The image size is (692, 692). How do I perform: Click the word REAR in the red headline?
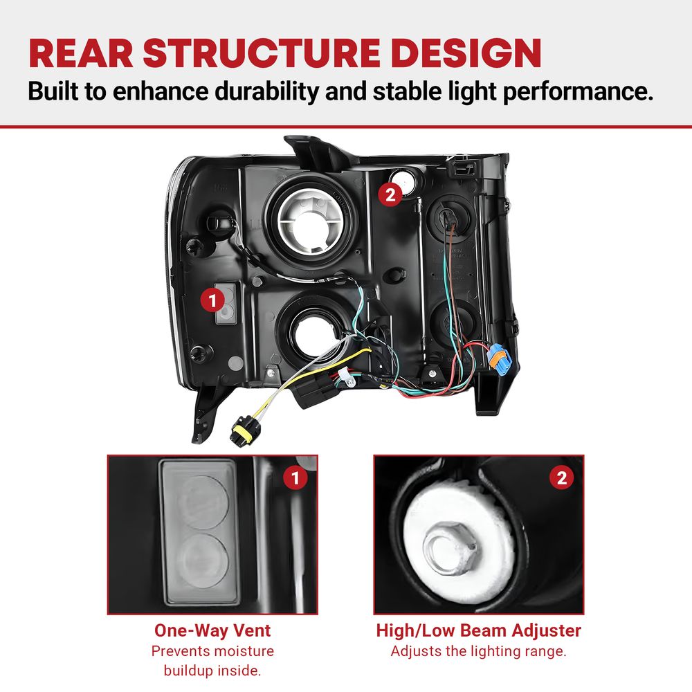(81, 53)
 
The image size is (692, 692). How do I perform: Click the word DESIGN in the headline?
(466, 53)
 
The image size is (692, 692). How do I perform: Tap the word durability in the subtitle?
(266, 91)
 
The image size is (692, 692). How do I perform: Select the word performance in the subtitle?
(578, 92)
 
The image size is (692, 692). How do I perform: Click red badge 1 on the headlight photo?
(212, 300)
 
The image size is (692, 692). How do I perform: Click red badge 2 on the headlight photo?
(390, 194)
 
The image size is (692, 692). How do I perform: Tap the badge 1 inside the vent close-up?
(295, 478)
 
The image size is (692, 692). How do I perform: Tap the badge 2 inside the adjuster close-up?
(561, 477)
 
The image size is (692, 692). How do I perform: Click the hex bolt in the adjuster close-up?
(449, 548)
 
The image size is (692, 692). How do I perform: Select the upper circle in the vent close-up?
(205, 502)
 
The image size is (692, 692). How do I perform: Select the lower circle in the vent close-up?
(203, 561)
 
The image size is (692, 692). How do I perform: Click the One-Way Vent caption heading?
(212, 630)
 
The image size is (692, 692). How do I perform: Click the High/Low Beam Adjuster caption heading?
(478, 630)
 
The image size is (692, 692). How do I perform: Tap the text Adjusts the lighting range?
(478, 651)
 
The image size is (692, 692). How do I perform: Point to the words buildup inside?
(212, 671)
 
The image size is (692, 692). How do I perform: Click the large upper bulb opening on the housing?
(313, 220)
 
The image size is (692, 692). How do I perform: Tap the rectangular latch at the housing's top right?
(462, 167)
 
